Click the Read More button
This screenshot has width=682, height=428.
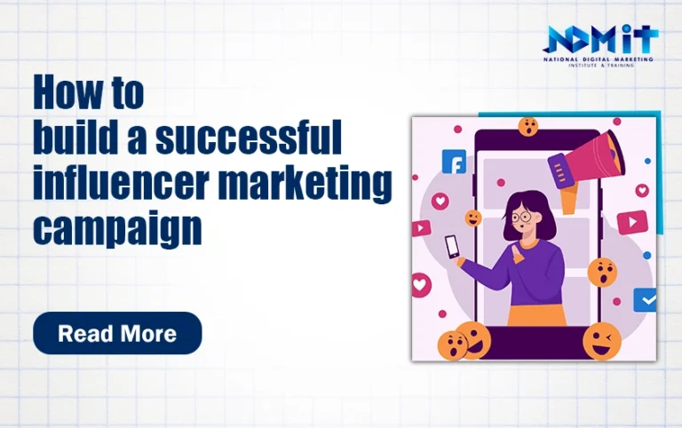(117, 333)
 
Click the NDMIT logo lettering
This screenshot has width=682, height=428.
(600, 39)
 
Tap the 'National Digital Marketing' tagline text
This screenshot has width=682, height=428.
(598, 59)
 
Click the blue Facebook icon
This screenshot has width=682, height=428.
(454, 162)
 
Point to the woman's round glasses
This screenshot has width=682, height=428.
(521, 217)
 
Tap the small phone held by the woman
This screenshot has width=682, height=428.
(451, 247)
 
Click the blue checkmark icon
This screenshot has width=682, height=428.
(645, 299)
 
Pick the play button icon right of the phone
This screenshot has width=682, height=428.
(632, 222)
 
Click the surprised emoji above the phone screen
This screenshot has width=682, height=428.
(528, 127)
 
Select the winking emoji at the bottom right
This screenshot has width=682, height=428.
(601, 342)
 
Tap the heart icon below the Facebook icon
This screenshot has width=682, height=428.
(440, 202)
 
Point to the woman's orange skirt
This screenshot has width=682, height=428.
(536, 315)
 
